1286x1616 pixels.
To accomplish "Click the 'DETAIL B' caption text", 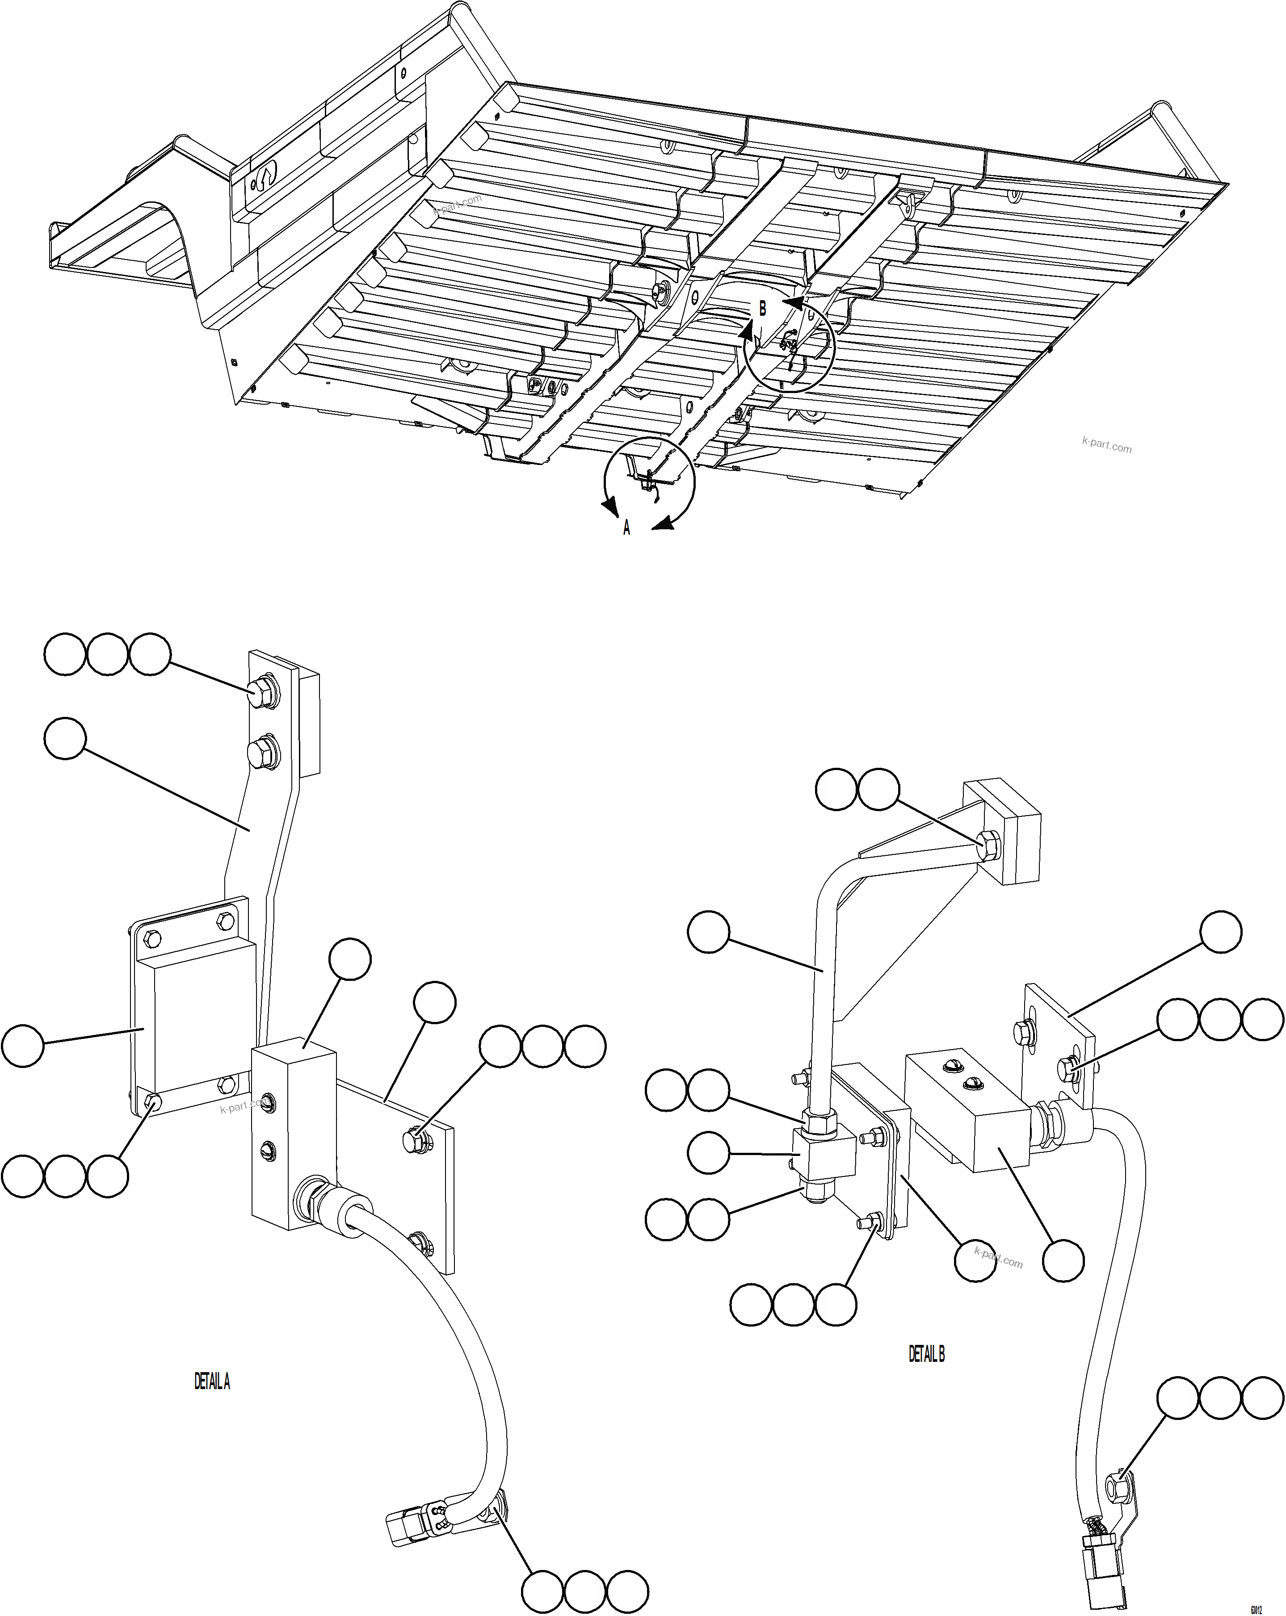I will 927,1354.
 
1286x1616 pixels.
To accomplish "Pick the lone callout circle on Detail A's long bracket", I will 65,739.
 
